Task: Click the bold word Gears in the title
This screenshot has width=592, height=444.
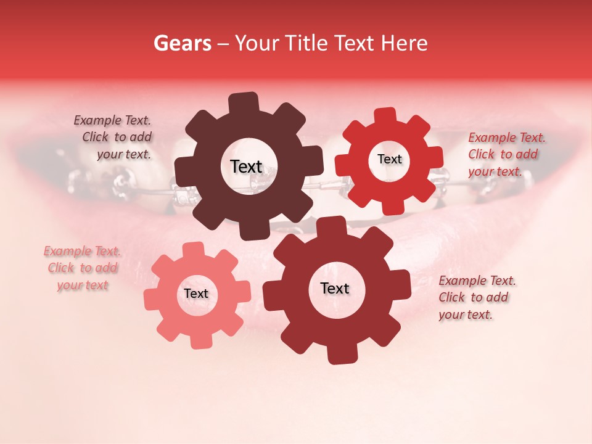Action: coord(182,44)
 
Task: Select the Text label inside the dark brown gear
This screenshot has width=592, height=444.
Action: coord(246,166)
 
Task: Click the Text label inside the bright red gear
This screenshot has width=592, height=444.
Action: coord(389,159)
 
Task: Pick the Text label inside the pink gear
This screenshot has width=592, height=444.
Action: coord(196,294)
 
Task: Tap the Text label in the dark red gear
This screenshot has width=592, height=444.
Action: coord(335,288)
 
